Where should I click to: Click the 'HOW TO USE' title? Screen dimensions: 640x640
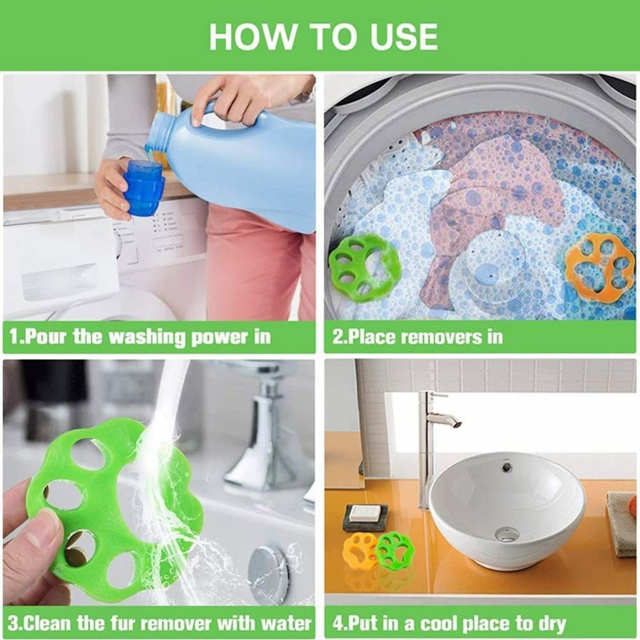pos(323,36)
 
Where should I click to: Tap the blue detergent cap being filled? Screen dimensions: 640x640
pos(144,188)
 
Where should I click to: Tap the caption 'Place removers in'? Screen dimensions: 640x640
pos(417,337)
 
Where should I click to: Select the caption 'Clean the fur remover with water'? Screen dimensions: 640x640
pos(159,622)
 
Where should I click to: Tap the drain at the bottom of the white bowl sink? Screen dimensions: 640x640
pos(507,533)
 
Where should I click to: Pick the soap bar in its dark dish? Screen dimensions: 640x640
pos(365,513)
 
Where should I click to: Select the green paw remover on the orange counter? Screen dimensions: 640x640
pos(395,549)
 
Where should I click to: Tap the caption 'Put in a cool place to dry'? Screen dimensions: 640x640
pos(449,622)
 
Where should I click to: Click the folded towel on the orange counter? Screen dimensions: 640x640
pos(621,522)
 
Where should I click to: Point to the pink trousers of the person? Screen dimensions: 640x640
pos(256,262)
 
